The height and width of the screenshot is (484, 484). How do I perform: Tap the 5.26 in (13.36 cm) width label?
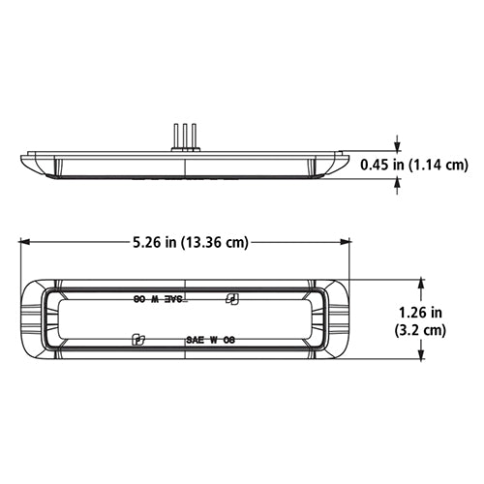click(x=183, y=242)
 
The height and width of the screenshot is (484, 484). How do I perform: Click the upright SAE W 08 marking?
click(x=210, y=341)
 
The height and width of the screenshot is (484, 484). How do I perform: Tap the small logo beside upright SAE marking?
click(x=137, y=340)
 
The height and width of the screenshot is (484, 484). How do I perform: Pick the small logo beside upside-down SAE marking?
click(x=231, y=299)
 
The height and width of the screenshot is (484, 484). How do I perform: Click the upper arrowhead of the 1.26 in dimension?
click(x=421, y=283)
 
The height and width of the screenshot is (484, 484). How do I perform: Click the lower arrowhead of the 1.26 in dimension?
click(x=421, y=358)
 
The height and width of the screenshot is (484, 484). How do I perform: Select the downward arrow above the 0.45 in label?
click(x=395, y=145)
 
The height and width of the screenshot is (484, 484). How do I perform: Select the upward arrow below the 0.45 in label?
click(x=395, y=186)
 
